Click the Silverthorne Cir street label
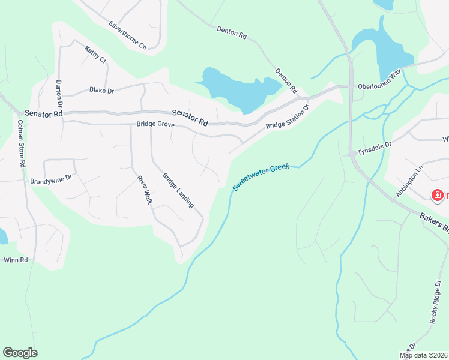tap(128, 35)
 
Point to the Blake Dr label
tap(101, 90)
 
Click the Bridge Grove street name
tap(155, 125)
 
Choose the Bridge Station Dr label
tap(288, 118)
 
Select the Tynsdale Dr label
tap(374, 148)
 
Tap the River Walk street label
tap(144, 190)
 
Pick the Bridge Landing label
tap(178, 190)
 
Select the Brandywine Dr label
tap(51, 179)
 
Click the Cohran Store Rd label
tap(21, 145)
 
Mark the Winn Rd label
tap(16, 260)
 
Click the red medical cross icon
tap(438, 196)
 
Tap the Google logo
tap(20, 353)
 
